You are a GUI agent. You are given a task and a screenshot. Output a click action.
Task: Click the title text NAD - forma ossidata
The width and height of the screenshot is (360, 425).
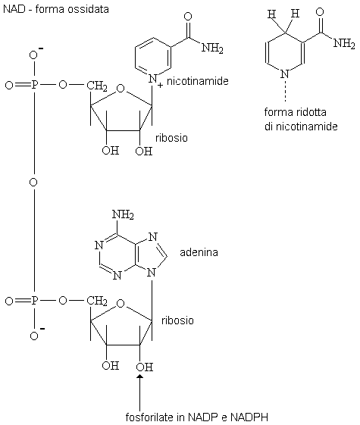tap(56, 10)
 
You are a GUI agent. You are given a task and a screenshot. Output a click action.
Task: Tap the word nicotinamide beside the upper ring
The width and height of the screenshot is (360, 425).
tap(197, 81)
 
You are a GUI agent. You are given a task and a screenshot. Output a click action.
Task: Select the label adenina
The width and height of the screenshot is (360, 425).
tap(199, 252)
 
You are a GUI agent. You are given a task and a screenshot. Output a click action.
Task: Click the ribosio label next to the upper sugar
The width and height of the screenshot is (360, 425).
tap(171, 138)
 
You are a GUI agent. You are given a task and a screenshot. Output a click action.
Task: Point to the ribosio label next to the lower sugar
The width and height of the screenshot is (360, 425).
tap(177, 320)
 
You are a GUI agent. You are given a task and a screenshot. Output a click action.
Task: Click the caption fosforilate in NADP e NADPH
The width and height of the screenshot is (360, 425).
tap(197, 417)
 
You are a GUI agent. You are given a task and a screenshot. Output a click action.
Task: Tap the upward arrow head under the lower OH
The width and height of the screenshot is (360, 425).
tap(140, 377)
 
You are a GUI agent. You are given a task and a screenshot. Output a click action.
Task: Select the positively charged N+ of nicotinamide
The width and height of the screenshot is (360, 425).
tap(154, 80)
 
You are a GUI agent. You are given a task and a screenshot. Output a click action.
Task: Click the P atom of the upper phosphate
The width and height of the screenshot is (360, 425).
tap(34, 85)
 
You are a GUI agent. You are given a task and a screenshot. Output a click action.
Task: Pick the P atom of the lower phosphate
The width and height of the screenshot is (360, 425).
tap(34, 301)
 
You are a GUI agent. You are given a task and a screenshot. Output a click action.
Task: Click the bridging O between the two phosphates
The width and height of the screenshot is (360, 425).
tap(33, 182)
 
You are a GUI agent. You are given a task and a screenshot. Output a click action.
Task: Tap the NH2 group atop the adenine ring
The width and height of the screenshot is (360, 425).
tap(123, 214)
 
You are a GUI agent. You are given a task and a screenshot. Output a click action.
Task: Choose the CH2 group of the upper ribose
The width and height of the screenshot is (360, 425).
tap(97, 86)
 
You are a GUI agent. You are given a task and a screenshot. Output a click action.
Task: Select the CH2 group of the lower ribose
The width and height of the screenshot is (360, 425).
tap(97, 301)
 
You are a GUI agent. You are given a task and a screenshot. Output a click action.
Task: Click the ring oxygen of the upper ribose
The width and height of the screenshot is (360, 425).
tap(121, 89)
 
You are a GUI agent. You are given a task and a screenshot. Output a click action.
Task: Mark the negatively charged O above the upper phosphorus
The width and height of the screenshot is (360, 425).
tap(34, 55)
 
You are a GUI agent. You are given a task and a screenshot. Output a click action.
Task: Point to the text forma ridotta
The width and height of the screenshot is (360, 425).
tap(296, 112)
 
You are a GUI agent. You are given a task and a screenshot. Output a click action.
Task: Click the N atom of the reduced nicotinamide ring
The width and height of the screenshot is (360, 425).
tap(285, 73)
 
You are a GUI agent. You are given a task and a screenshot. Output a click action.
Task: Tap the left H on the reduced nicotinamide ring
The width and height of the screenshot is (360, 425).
tap(271, 14)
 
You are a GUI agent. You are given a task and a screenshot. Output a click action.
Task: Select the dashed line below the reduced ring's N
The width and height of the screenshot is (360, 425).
tap(285, 90)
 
